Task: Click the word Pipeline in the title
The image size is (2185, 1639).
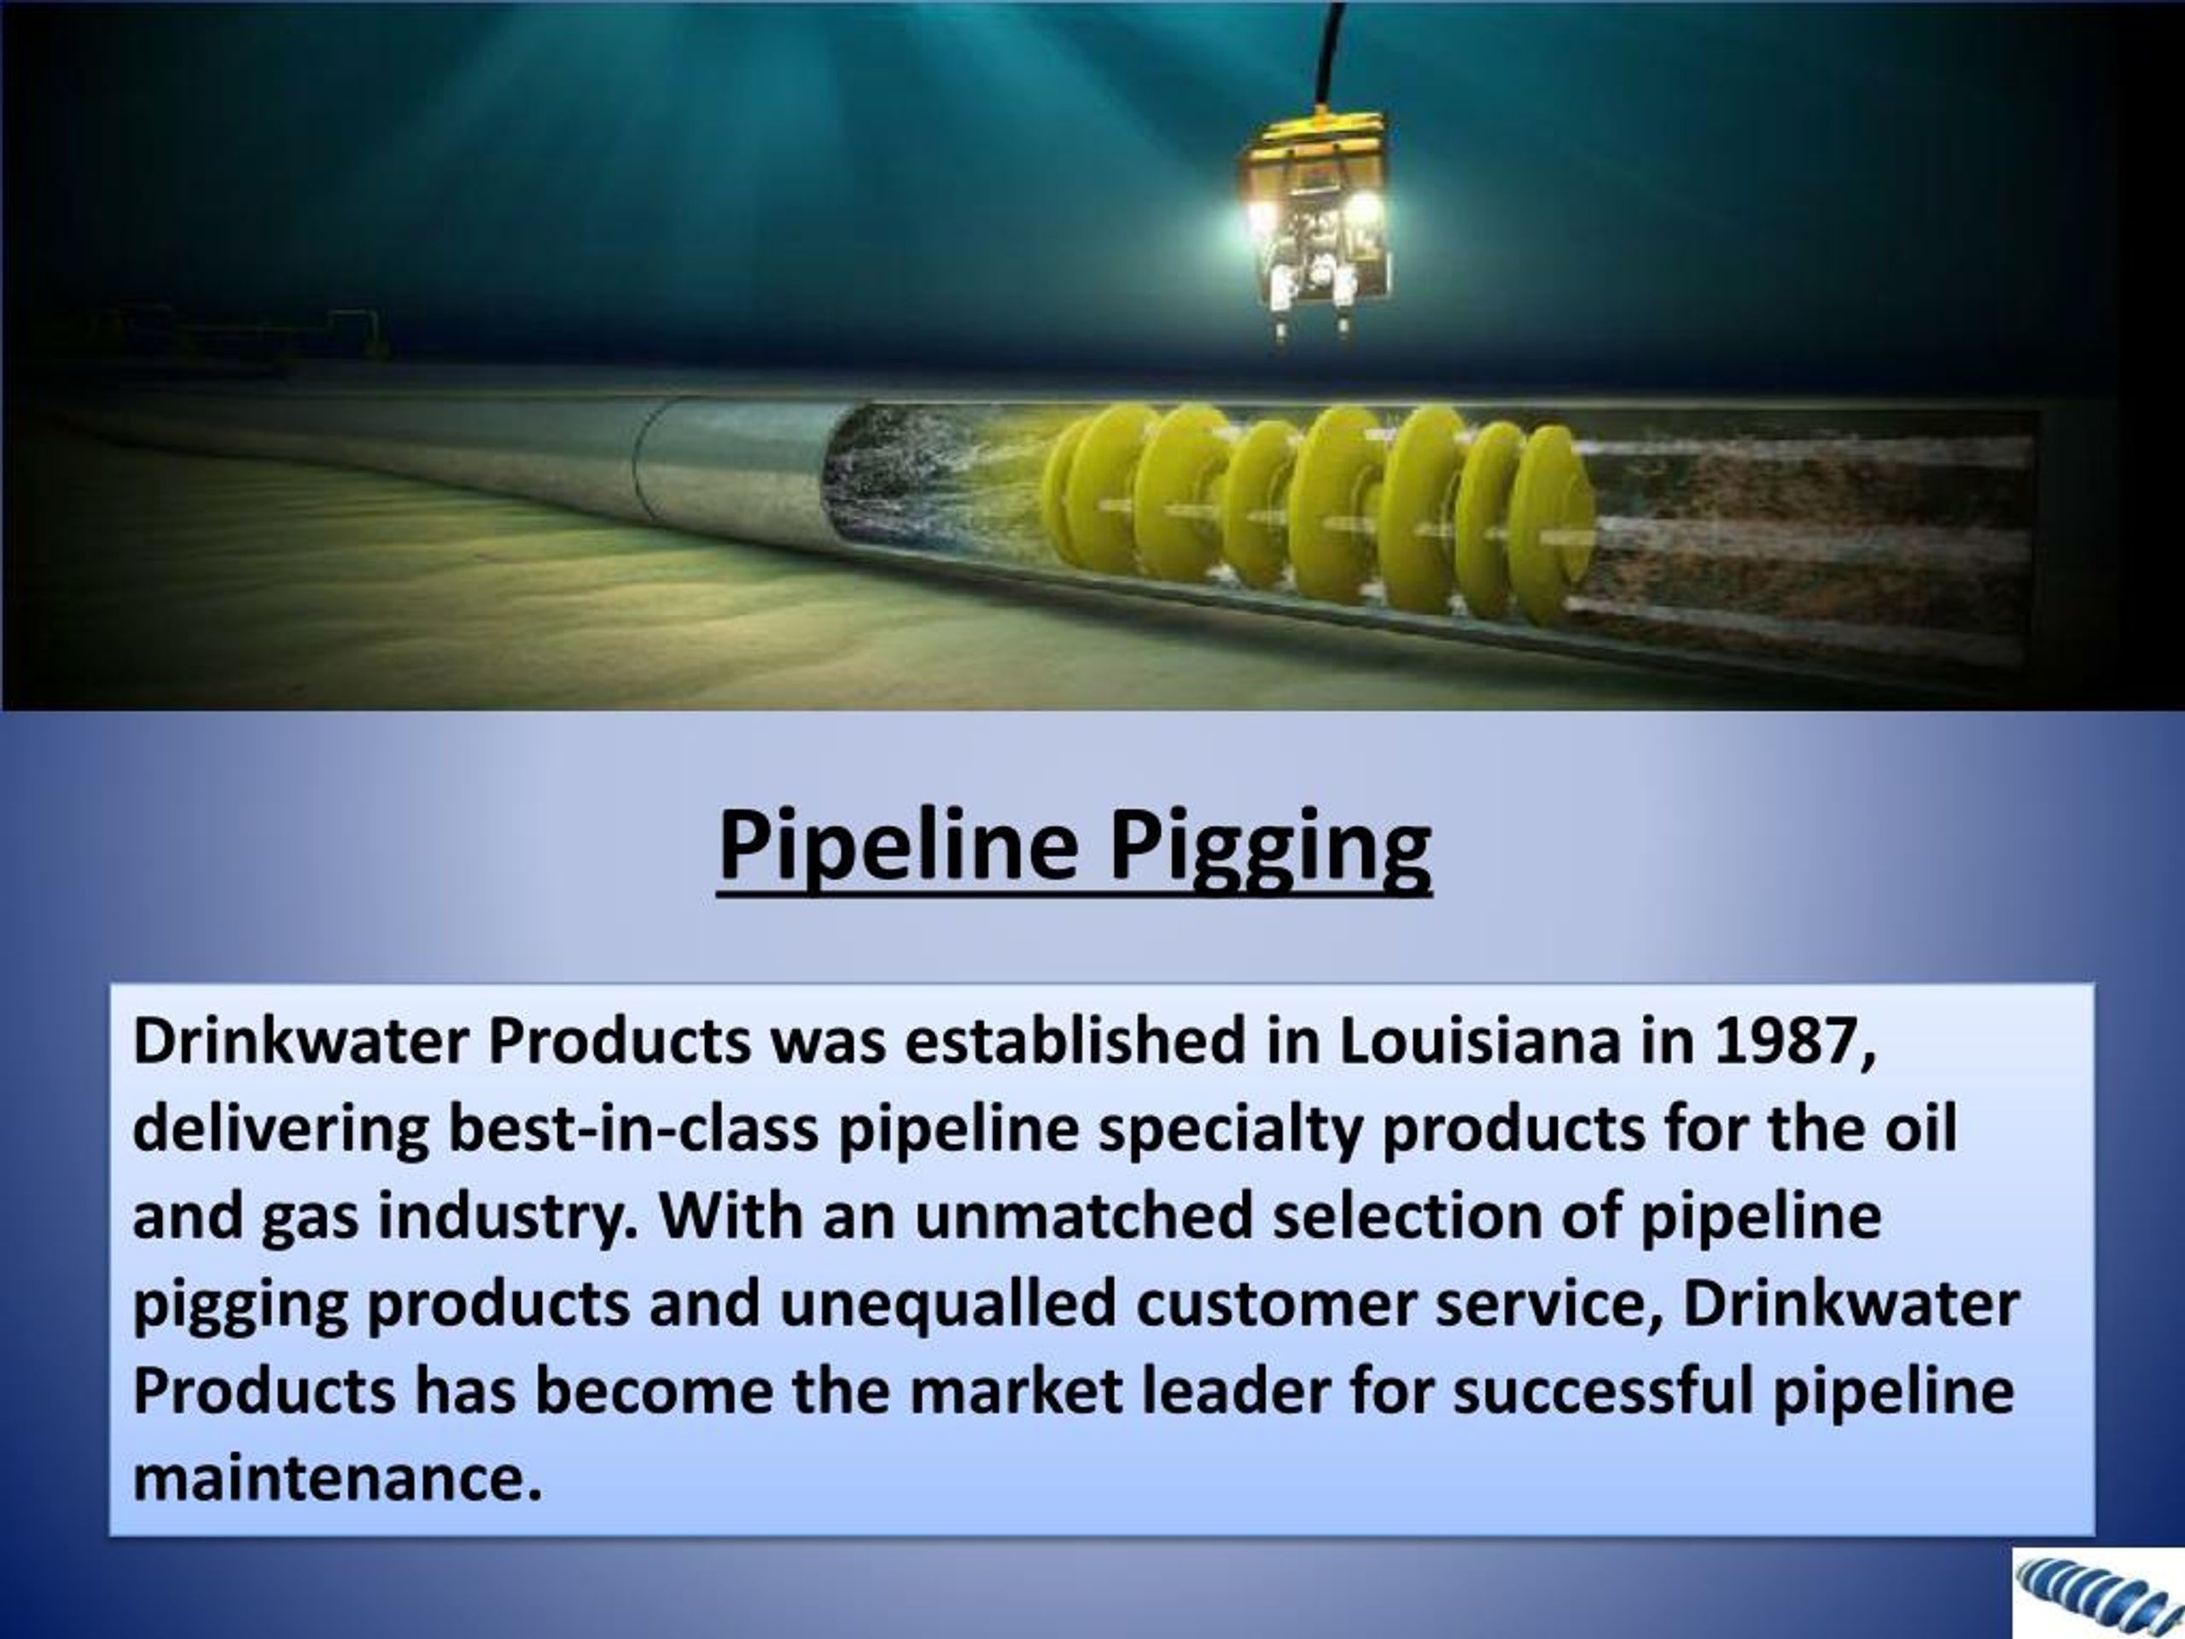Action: pyautogui.click(x=897, y=846)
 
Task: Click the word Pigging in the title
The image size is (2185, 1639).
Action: pyautogui.click(x=1269, y=848)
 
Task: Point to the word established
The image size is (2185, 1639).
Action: pyautogui.click(x=1074, y=1042)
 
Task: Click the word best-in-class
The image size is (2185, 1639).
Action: pyautogui.click(x=633, y=1129)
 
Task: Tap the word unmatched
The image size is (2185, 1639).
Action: pyautogui.click(x=1084, y=1216)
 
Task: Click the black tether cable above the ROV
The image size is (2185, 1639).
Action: pyautogui.click(x=1332, y=50)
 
